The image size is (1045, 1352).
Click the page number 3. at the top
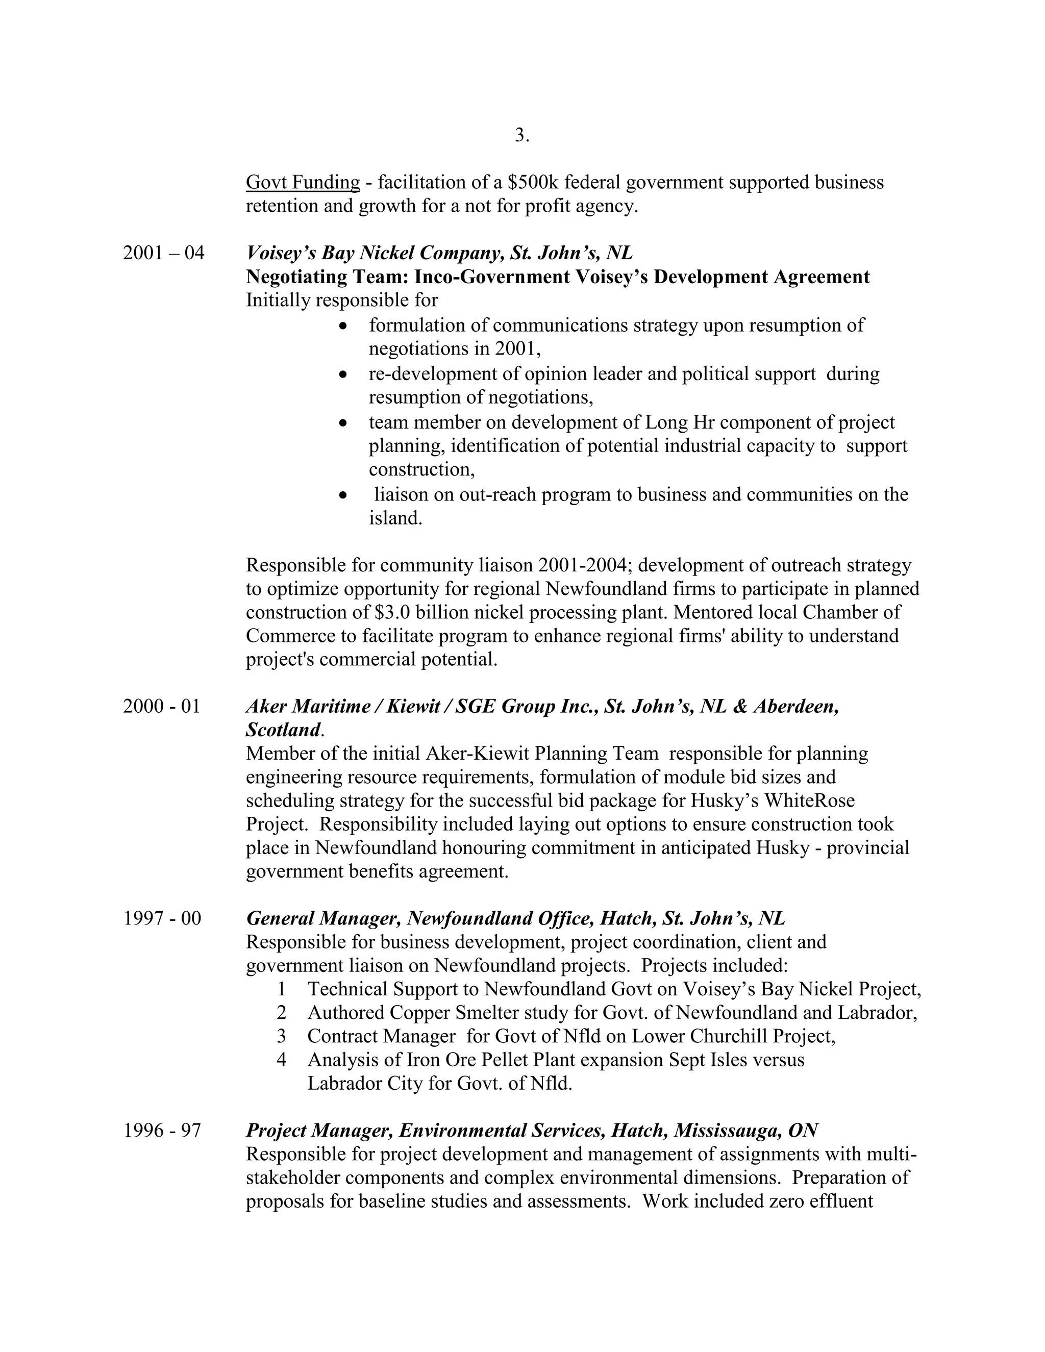tap(521, 135)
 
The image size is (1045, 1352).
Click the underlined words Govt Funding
tap(303, 182)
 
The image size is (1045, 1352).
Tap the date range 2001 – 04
tap(163, 253)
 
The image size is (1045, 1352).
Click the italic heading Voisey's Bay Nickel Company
tap(375, 253)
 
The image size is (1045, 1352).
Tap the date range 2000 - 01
tap(162, 706)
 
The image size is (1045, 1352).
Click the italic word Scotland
tap(282, 730)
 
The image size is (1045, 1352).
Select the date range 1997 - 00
tap(162, 918)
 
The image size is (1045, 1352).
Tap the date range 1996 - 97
tap(162, 1131)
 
